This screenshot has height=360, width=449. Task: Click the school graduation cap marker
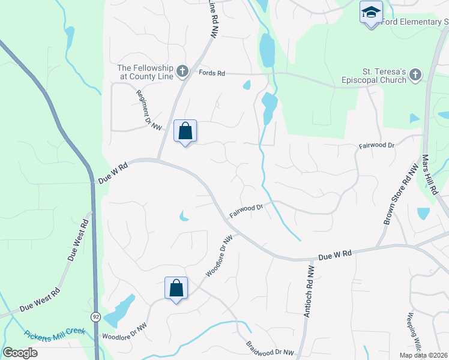click(371, 13)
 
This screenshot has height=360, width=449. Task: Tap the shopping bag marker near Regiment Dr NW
click(185, 131)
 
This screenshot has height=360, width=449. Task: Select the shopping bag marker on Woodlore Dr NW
click(176, 288)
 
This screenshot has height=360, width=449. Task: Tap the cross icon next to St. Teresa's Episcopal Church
click(415, 74)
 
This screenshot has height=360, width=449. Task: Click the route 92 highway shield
click(95, 316)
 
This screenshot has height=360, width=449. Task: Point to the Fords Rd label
click(212, 73)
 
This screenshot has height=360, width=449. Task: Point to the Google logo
click(20, 353)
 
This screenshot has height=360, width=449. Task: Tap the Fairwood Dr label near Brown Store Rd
click(376, 146)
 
